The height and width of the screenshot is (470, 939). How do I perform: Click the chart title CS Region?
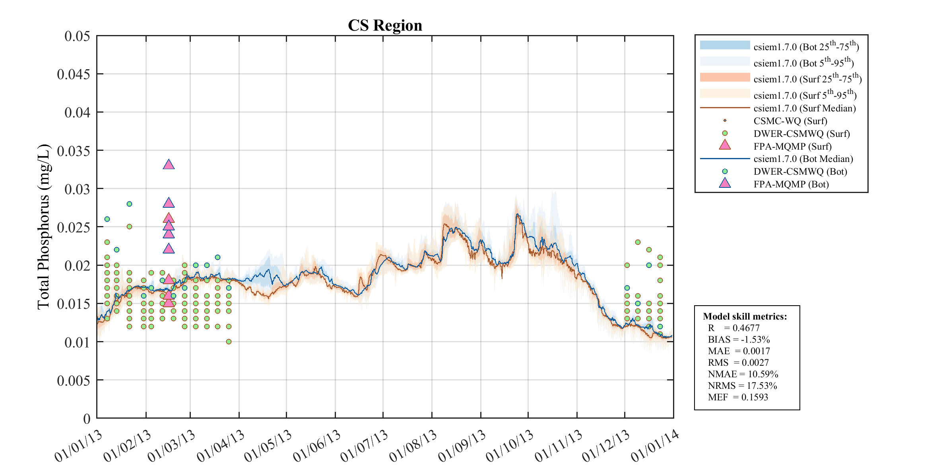pos(385,25)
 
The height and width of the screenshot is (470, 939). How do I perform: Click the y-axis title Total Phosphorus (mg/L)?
pos(43,227)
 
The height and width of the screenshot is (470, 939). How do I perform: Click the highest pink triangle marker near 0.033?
pos(169,165)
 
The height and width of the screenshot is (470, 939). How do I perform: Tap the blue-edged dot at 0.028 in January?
pos(129,204)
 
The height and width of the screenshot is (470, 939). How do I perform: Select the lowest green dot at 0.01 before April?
pos(229,341)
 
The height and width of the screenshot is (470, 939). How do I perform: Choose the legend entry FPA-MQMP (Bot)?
pos(791,184)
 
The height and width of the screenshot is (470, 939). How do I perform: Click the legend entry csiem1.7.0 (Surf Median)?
pos(804,108)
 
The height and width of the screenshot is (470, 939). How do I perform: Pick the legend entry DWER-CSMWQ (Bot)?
pos(800,172)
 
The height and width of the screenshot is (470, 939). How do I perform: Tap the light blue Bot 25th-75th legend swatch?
pos(725,45)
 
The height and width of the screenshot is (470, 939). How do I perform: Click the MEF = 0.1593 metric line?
pos(738,397)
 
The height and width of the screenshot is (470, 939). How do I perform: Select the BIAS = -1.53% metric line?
pos(739,339)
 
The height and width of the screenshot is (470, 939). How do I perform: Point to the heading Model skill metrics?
pos(745,316)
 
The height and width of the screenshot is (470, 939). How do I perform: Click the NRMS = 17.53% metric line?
pos(742,386)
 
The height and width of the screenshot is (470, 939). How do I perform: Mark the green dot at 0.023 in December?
pos(638,242)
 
